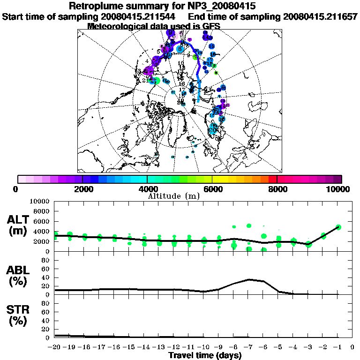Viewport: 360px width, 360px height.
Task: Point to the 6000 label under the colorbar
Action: coord(212,189)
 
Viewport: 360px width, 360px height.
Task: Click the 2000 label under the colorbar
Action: coord(82,189)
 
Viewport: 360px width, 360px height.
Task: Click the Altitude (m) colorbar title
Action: coord(173,196)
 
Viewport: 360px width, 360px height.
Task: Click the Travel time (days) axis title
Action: coord(205,356)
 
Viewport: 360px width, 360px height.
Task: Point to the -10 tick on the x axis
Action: coord(203,347)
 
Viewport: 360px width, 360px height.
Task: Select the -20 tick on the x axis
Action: coord(55,347)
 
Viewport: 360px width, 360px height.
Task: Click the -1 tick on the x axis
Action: coord(338,347)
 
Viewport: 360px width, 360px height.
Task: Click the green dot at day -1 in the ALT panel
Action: coord(338,227)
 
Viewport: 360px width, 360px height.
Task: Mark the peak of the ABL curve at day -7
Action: coord(249,279)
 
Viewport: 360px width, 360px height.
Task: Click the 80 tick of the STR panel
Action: coord(46,303)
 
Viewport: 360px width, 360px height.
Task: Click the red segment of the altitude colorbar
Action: coord(273,179)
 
